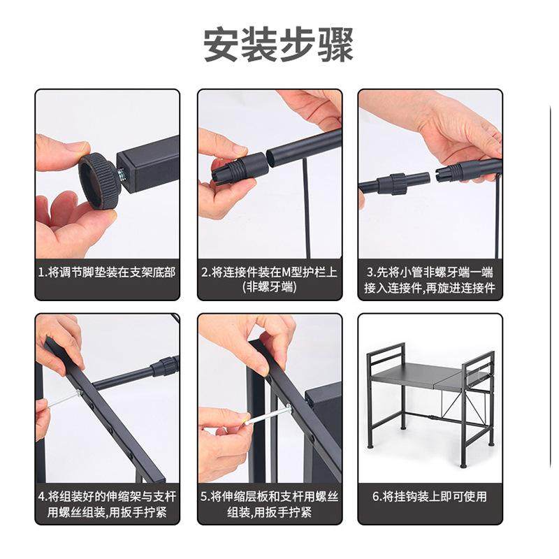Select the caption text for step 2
(269, 279)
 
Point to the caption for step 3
(430, 279)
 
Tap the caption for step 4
(107, 504)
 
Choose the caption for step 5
(269, 504)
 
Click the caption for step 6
(430, 497)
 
